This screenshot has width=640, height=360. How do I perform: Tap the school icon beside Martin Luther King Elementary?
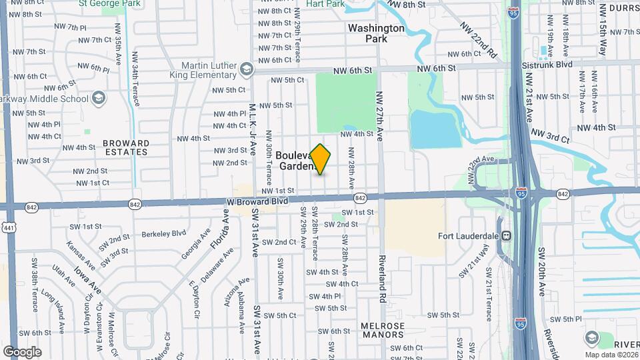tap(247, 69)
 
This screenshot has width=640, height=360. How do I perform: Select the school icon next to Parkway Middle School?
tap(99, 99)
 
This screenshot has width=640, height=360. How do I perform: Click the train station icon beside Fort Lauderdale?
tap(507, 235)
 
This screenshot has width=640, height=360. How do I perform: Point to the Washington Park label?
tap(376, 33)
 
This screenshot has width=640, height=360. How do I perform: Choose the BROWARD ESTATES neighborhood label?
tap(126, 147)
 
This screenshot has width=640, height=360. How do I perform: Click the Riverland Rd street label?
tap(382, 280)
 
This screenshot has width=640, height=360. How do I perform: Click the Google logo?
tap(22, 351)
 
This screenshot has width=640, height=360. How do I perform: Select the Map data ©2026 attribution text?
tap(611, 355)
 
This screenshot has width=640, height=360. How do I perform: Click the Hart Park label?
tap(325, 4)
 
